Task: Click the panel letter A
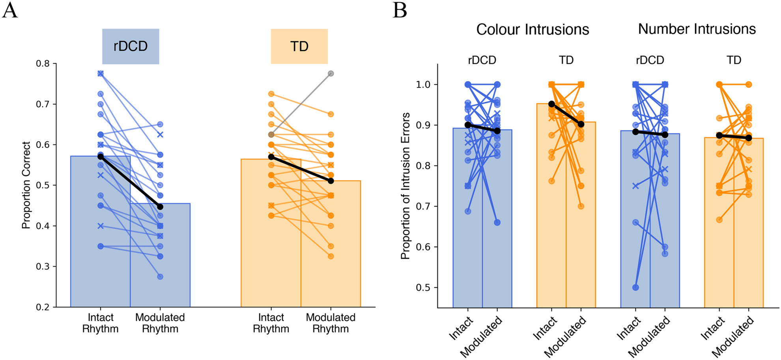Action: pyautogui.click(x=10, y=10)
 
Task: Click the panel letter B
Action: pyautogui.click(x=400, y=10)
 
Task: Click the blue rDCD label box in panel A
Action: pyautogui.click(x=131, y=46)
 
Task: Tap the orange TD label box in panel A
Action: pyautogui.click(x=299, y=46)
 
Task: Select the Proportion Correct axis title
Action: pyautogui.click(x=26, y=185)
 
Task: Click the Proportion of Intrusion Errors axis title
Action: pyautogui.click(x=405, y=186)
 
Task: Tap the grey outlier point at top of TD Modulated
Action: pyautogui.click(x=331, y=74)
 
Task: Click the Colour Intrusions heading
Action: pyautogui.click(x=532, y=30)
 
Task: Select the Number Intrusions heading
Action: pyautogui.click(x=697, y=29)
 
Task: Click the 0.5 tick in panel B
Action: pyautogui.click(x=423, y=288)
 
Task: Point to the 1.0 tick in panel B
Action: pyautogui.click(x=423, y=85)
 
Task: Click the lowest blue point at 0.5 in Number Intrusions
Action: pyautogui.click(x=635, y=287)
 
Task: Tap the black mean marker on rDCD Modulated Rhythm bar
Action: pyautogui.click(x=160, y=207)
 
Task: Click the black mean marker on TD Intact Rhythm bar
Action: pyautogui.click(x=271, y=157)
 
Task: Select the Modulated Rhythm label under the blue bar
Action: pyautogui.click(x=160, y=323)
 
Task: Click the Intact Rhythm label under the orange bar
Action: pyautogui.click(x=271, y=323)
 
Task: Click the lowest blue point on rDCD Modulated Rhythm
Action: pyautogui.click(x=160, y=277)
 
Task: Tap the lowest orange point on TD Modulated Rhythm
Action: pyautogui.click(x=331, y=256)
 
